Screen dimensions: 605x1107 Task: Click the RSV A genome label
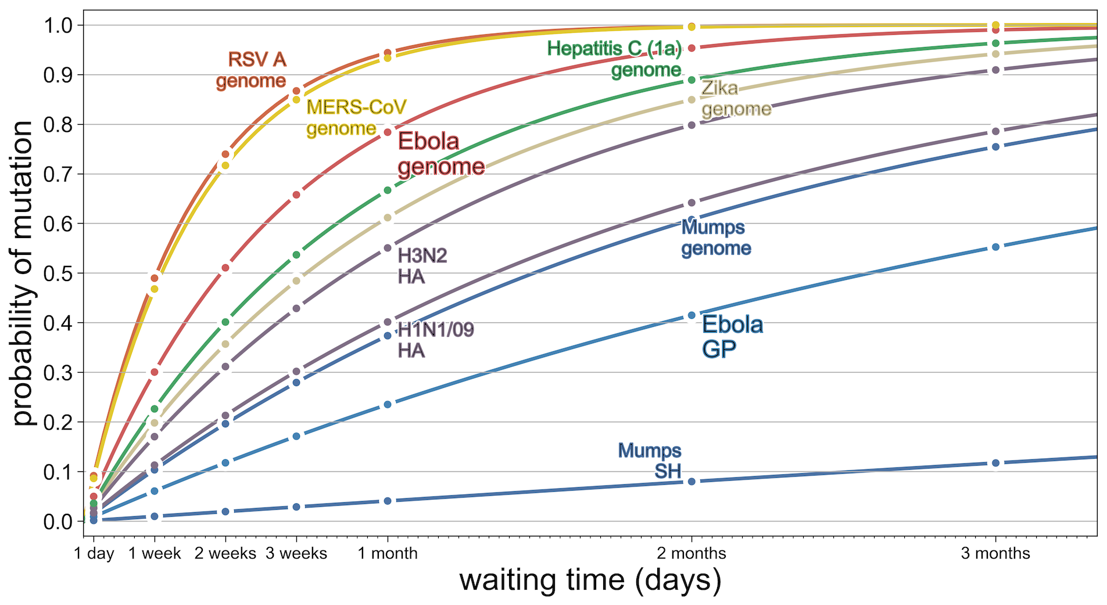(251, 70)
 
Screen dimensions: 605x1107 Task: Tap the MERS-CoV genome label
(356, 117)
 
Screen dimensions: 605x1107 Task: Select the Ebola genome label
(440, 154)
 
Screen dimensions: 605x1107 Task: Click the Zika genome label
(736, 99)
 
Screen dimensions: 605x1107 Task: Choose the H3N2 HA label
(422, 267)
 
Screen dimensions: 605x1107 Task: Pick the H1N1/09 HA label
(435, 340)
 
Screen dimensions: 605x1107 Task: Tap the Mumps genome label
(715, 237)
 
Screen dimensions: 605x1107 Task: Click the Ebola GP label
(732, 337)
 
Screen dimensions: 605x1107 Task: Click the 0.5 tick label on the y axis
(58, 273)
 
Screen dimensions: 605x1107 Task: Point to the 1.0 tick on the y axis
(58, 26)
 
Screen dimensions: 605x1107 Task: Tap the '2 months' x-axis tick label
(692, 553)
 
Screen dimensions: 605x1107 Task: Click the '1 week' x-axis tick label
(155, 553)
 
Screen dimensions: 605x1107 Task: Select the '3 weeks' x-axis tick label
(296, 553)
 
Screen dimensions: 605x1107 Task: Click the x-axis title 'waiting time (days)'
(590, 581)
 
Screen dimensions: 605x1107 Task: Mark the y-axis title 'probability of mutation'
(23, 273)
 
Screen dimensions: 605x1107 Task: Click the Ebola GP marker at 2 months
(692, 315)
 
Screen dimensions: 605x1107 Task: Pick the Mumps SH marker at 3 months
(995, 463)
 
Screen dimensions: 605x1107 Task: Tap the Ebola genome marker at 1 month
(388, 132)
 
